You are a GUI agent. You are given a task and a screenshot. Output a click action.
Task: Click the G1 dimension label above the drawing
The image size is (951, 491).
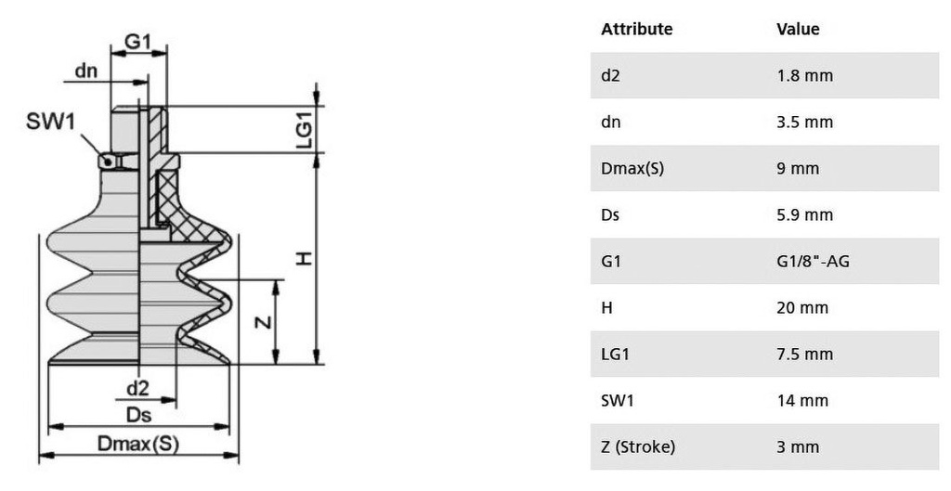(x=137, y=41)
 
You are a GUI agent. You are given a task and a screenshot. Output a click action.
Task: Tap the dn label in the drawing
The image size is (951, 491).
(x=86, y=71)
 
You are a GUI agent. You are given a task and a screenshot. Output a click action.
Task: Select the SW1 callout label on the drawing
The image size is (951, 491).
(x=50, y=122)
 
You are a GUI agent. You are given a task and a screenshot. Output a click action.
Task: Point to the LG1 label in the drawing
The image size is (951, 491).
(x=304, y=128)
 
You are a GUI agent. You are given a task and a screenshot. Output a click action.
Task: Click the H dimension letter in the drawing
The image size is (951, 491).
(x=304, y=259)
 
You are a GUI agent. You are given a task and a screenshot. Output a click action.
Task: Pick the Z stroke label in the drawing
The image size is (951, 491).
(x=263, y=321)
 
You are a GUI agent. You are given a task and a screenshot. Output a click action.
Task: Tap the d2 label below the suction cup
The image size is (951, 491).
(x=137, y=388)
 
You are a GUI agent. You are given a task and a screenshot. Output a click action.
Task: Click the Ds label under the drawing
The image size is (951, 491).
(x=139, y=415)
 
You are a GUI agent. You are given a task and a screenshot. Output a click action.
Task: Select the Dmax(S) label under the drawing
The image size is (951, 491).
(x=138, y=444)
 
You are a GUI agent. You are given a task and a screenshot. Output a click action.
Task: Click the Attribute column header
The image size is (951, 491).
(x=637, y=29)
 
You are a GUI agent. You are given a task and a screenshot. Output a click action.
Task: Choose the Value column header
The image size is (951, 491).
(x=798, y=29)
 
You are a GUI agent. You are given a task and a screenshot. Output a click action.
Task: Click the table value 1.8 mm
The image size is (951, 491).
(x=805, y=76)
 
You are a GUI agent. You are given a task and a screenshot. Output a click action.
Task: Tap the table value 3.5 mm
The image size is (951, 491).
(x=805, y=122)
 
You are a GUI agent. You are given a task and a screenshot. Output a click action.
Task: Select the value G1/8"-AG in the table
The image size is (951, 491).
(x=813, y=261)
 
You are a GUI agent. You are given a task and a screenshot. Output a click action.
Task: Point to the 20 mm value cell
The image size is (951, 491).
(x=802, y=308)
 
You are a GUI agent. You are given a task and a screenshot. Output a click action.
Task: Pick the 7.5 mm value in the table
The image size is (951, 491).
(x=805, y=354)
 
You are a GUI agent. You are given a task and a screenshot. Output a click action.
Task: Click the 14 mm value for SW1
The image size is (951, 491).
(x=802, y=401)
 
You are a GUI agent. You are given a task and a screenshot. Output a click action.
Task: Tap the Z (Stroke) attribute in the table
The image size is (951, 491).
(x=638, y=447)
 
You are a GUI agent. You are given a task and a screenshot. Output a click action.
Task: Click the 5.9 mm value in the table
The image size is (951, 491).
(x=805, y=215)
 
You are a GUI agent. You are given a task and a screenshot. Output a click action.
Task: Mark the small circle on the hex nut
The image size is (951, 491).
(x=108, y=162)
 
